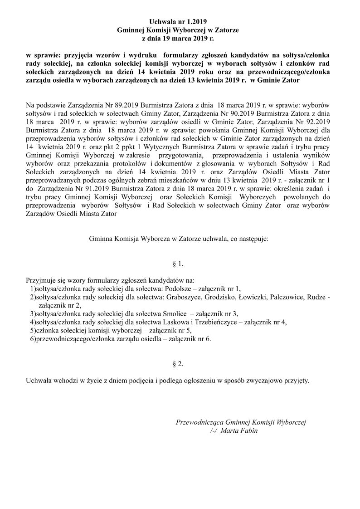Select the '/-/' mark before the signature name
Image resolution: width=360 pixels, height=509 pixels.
(215, 431)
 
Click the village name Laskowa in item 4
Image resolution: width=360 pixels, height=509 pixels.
(176, 322)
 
